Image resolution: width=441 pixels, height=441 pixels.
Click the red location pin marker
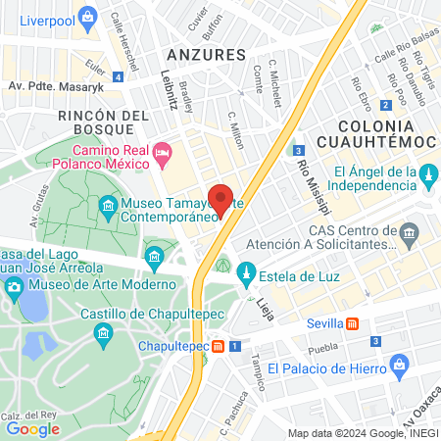[221, 199]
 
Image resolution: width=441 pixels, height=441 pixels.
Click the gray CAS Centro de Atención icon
[410, 231]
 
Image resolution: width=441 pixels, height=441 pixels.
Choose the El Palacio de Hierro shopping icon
[398, 367]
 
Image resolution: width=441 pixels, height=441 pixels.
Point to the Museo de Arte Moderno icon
[14, 286]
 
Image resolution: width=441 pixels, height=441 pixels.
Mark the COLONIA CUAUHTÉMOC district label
[385, 135]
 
